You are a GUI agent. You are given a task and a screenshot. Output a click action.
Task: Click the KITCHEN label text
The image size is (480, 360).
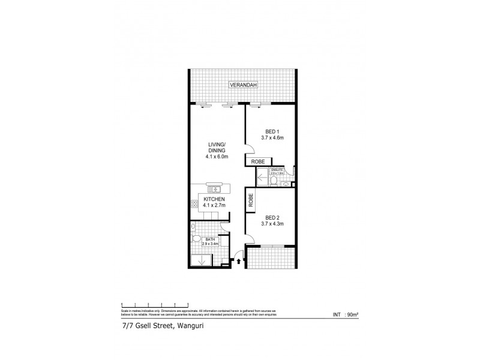(214, 199)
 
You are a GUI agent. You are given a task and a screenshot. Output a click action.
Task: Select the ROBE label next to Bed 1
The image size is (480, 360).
(258, 161)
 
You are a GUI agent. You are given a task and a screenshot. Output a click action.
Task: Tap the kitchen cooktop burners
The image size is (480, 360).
(195, 205)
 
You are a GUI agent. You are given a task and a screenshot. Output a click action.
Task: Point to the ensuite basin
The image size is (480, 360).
(286, 185)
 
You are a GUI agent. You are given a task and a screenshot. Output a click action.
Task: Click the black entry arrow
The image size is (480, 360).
(239, 261)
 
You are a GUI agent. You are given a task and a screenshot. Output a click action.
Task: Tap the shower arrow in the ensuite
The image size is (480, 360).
(262, 179)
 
